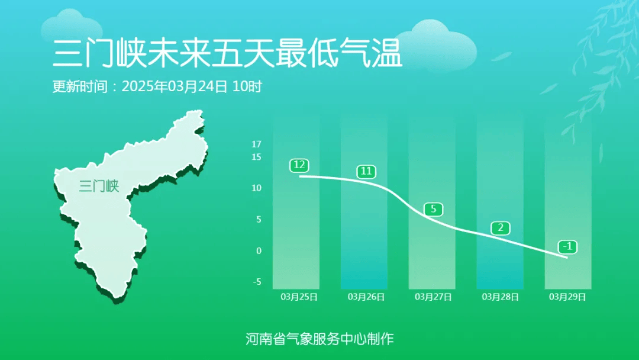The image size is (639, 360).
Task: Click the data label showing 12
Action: (x=299, y=165)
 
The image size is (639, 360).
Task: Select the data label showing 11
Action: (x=366, y=171)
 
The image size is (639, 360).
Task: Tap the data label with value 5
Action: (x=434, y=209)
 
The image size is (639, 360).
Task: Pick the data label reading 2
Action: (x=501, y=228)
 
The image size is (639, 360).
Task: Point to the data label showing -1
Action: (x=567, y=247)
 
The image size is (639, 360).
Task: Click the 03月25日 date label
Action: (x=299, y=297)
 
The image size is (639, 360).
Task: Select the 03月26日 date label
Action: (x=366, y=297)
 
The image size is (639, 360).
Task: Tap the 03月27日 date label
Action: (x=433, y=297)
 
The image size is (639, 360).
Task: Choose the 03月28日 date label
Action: (x=501, y=297)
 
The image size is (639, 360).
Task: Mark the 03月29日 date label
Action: (x=567, y=297)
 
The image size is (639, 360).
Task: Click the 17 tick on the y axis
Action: (x=256, y=144)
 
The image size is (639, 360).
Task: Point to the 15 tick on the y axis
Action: (x=256, y=157)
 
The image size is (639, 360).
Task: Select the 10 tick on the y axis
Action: (x=256, y=188)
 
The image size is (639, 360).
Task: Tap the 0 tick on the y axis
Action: (x=259, y=250)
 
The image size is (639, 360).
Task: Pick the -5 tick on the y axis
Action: (x=257, y=282)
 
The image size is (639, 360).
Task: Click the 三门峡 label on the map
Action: (x=99, y=186)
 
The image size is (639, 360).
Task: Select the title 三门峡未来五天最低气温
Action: (x=227, y=53)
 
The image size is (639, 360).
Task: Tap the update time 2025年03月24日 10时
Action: (x=192, y=86)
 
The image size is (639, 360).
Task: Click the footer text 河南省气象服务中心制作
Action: (x=319, y=339)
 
